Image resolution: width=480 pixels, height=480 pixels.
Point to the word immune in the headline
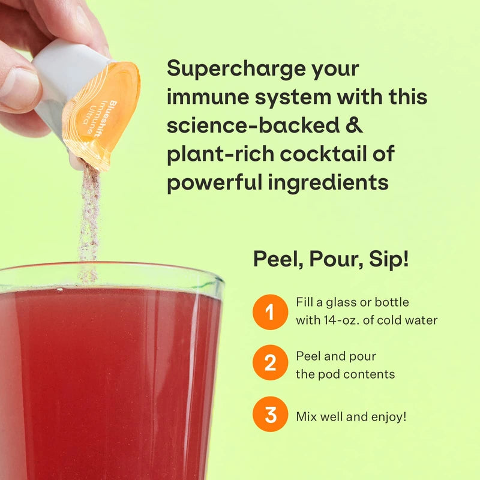point(204,97)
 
